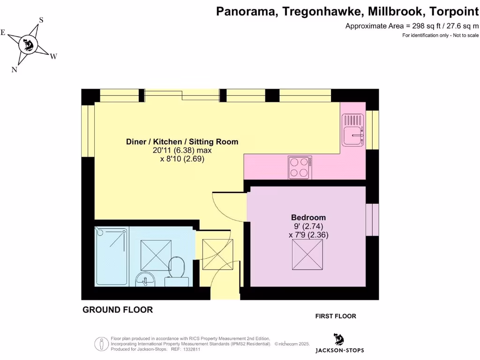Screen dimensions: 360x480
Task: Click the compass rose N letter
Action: coord(15,70)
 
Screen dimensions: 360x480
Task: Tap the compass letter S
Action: coord(41,20)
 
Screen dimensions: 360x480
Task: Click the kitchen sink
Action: coord(352,132)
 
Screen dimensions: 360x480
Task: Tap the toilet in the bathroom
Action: coord(177,271)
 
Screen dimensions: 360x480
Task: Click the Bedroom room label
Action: coord(308,217)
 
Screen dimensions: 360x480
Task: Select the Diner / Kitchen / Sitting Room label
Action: coord(182,142)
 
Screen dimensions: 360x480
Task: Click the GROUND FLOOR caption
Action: coord(118,310)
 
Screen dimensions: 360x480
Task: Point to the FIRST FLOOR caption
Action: coord(336,316)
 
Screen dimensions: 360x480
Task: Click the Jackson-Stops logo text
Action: coord(339,350)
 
